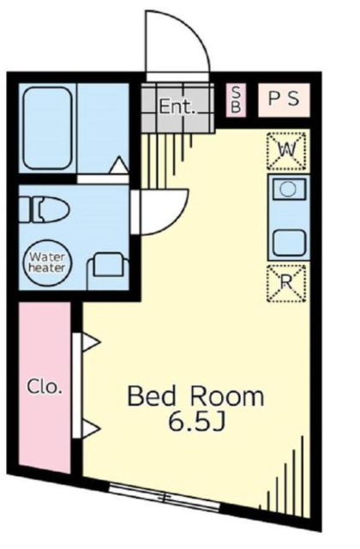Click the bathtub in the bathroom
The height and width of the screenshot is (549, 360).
(x=48, y=128)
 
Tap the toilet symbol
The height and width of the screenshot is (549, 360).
(x=44, y=209)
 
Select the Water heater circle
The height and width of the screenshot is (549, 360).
(x=47, y=262)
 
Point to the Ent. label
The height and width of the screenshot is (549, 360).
(x=177, y=106)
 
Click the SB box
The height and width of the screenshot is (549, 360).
(x=237, y=100)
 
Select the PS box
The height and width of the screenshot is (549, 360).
(x=284, y=100)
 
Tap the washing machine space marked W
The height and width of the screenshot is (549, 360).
(x=286, y=151)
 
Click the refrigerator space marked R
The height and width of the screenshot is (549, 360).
(x=286, y=283)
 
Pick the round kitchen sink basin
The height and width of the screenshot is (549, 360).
(x=289, y=190)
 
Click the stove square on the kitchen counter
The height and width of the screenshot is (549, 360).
(x=289, y=243)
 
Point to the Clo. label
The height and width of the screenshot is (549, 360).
(x=45, y=387)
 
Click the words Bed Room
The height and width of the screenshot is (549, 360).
(x=195, y=396)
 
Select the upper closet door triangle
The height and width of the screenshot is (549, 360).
(x=92, y=341)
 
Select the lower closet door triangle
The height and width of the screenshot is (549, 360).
(x=92, y=429)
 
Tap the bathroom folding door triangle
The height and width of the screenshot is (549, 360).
(x=119, y=165)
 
